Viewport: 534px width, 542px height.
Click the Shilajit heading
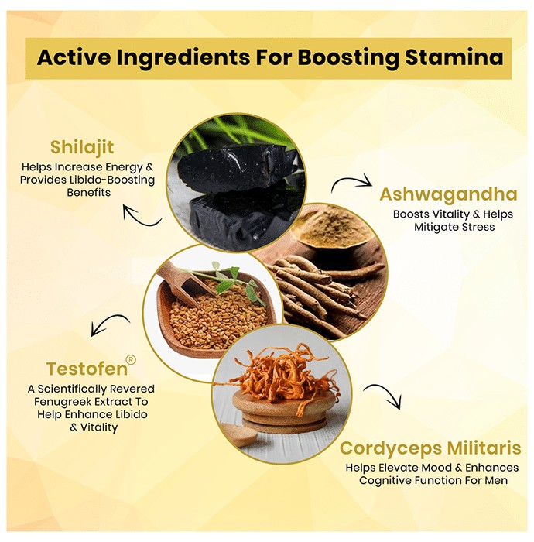click(82, 148)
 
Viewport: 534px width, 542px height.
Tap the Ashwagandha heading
click(448, 194)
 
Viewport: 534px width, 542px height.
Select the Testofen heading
click(87, 369)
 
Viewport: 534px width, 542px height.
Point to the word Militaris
click(479, 448)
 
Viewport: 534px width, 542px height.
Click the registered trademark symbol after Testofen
click(132, 360)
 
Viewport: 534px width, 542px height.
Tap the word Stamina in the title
click(454, 57)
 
